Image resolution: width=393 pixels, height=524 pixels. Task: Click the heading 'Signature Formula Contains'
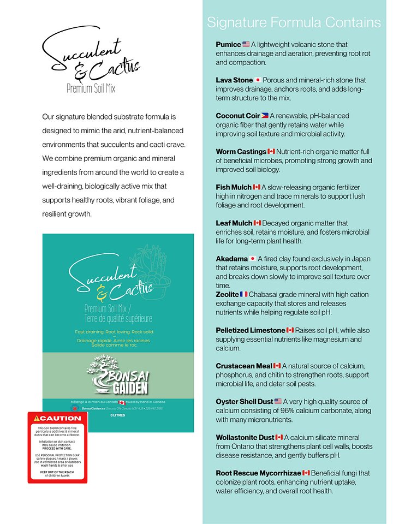(294, 22)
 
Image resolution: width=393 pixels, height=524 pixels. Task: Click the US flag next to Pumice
(246, 44)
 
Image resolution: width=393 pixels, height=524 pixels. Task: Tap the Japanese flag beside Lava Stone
(258, 80)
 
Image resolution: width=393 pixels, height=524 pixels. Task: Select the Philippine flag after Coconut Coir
(265, 116)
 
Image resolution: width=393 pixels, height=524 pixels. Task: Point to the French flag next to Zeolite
(243, 294)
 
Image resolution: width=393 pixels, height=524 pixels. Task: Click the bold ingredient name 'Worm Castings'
(241, 151)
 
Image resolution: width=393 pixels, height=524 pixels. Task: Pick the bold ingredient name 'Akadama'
(232, 259)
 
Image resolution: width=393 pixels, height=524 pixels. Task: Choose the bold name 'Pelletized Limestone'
(251, 330)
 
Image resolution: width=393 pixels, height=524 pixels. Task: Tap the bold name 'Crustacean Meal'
(244, 366)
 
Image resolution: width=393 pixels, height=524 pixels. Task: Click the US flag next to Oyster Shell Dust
(278, 402)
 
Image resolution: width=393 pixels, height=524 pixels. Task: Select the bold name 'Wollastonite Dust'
(245, 437)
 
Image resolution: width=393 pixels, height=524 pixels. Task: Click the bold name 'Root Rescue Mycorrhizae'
(258, 473)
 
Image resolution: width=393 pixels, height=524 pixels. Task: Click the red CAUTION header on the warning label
(57, 419)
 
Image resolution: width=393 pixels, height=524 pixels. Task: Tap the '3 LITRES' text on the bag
(118, 415)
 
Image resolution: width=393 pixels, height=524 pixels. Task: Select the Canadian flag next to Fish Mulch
(257, 187)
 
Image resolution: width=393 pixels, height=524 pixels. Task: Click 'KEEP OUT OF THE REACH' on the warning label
(57, 471)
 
